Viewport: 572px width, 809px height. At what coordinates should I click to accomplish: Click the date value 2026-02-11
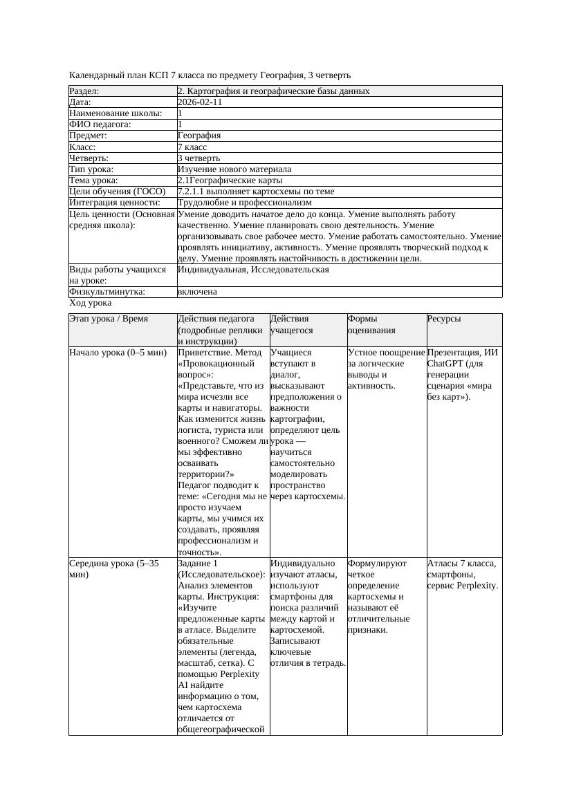(x=200, y=102)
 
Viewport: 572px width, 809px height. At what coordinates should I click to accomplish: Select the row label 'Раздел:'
(x=84, y=91)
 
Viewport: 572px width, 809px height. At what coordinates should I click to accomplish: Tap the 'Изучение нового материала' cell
(x=234, y=169)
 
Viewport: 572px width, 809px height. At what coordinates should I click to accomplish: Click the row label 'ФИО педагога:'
(x=100, y=124)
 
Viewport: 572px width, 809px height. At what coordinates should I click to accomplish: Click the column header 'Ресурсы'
(x=444, y=319)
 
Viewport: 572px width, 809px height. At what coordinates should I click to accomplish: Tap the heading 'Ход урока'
(x=90, y=303)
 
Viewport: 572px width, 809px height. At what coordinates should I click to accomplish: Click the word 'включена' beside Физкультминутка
(x=197, y=292)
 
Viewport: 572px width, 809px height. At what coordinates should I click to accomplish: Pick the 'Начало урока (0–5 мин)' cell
(x=118, y=353)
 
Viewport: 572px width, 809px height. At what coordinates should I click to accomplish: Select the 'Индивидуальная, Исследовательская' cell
(x=253, y=270)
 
